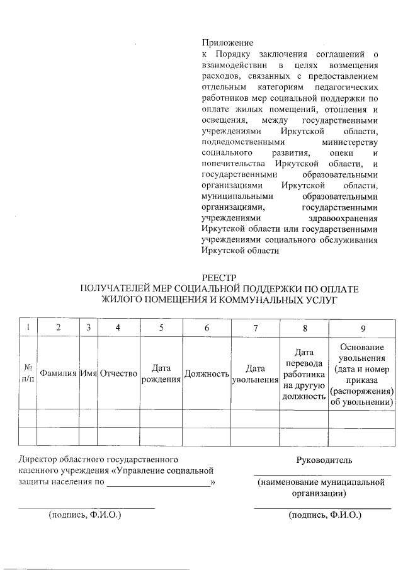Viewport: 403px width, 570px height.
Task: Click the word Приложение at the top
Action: (x=227, y=43)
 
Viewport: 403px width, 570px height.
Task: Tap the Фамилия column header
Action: (x=58, y=373)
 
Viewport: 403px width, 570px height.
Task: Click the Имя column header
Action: (x=88, y=373)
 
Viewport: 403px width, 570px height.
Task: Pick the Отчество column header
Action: (x=118, y=373)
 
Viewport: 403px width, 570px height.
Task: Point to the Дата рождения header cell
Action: (x=161, y=373)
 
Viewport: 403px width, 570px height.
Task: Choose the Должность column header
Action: (x=206, y=373)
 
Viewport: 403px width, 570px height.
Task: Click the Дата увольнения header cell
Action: (x=255, y=373)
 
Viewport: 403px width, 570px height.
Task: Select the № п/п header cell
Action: (x=28, y=373)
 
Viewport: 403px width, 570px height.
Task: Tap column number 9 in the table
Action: (x=363, y=328)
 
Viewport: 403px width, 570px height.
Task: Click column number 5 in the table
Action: (x=161, y=328)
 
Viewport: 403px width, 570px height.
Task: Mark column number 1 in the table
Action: (x=28, y=328)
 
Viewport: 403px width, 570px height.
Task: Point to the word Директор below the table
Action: (x=38, y=460)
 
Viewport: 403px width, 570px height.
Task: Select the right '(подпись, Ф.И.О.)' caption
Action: (x=325, y=515)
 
